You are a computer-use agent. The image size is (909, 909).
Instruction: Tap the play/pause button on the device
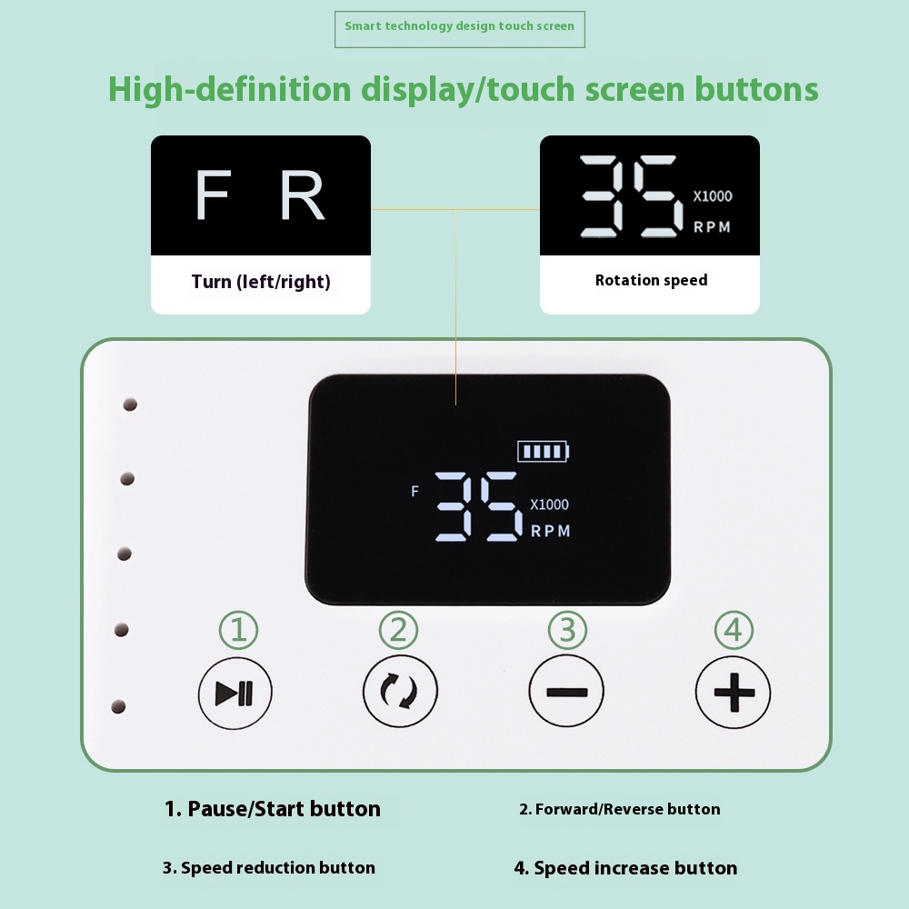click(235, 693)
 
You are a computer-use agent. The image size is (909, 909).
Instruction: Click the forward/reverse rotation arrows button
click(400, 691)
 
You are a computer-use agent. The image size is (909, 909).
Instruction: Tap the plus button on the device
click(734, 692)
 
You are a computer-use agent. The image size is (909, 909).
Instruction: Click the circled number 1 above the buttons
click(238, 630)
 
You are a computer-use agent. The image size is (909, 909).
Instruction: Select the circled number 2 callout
click(398, 630)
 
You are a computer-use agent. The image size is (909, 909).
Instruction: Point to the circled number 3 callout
click(567, 630)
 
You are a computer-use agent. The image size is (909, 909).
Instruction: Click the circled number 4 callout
click(734, 630)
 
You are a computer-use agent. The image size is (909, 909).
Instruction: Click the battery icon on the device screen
click(544, 451)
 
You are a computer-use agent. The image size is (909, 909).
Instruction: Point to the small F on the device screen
click(415, 492)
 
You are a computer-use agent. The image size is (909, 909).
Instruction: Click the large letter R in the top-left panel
click(302, 195)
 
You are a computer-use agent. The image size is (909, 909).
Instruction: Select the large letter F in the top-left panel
click(213, 195)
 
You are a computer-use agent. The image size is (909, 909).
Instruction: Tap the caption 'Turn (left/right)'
click(261, 282)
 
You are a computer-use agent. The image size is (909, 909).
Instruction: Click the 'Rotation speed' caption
click(651, 281)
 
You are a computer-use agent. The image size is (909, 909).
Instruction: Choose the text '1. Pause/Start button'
click(273, 809)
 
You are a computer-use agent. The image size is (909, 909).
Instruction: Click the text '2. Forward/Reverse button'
click(620, 809)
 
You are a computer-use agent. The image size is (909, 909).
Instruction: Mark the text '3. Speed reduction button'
click(269, 868)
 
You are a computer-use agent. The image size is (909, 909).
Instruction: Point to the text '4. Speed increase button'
click(625, 868)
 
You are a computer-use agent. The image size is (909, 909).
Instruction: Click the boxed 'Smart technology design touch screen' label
click(460, 29)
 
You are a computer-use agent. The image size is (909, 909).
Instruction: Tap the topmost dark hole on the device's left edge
click(130, 405)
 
